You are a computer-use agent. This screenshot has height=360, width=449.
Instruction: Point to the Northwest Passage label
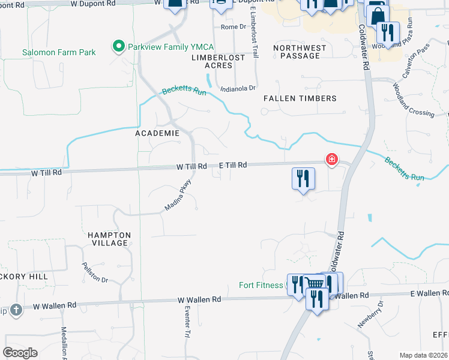pyautogui.click(x=300, y=52)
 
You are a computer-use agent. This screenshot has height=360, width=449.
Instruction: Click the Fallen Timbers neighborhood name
pyautogui.click(x=300, y=98)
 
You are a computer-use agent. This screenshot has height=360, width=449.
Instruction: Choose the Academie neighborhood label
pyautogui.click(x=157, y=133)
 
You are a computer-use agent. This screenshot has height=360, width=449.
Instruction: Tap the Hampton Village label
pyautogui.click(x=108, y=239)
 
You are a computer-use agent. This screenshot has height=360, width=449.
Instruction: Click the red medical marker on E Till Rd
pyautogui.click(x=331, y=160)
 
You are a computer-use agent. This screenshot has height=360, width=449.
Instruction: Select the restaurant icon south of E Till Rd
pyautogui.click(x=303, y=178)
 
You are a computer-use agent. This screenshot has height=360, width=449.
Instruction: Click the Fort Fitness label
pyautogui.click(x=261, y=285)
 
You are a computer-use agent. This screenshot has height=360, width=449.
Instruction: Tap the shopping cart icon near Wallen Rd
pyautogui.click(x=313, y=284)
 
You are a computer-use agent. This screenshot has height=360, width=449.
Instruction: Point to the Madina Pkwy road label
pyautogui.click(x=178, y=196)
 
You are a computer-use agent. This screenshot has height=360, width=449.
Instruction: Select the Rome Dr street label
pyautogui.click(x=234, y=27)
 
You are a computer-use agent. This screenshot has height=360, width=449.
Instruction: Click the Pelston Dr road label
pyautogui.click(x=95, y=272)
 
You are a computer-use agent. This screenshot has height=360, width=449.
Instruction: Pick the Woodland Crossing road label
pyautogui.click(x=413, y=104)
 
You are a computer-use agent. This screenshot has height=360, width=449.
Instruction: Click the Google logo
pyautogui.click(x=20, y=353)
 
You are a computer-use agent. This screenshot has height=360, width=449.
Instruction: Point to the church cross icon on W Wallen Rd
pyautogui.click(x=16, y=310)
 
